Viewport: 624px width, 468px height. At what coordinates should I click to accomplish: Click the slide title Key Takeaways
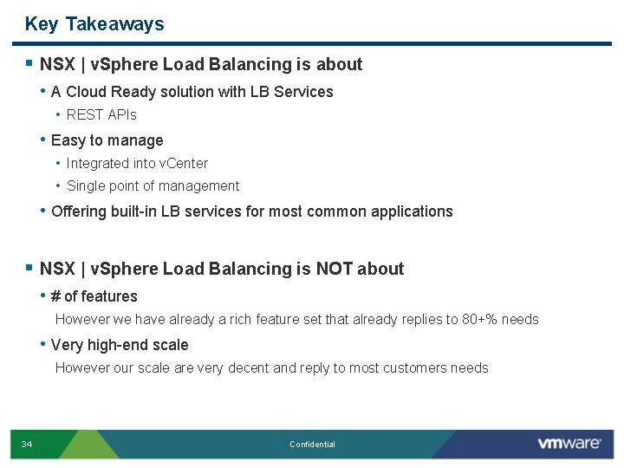(x=94, y=24)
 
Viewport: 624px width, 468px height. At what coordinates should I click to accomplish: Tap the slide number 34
(x=27, y=445)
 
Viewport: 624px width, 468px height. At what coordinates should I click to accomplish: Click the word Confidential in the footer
(x=312, y=445)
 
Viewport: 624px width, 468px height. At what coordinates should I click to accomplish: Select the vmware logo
(x=569, y=444)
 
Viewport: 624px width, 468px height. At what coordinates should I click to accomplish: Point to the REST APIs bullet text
(x=101, y=114)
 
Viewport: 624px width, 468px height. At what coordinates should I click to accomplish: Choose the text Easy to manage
(x=107, y=140)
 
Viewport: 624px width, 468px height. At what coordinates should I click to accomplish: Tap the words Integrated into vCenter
(x=137, y=163)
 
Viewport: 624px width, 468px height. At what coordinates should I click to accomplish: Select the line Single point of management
(x=153, y=185)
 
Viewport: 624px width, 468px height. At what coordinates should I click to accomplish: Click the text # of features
(x=94, y=296)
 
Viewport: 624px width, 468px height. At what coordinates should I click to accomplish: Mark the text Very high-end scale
(x=120, y=345)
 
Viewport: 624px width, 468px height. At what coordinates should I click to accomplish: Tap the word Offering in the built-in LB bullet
(x=79, y=211)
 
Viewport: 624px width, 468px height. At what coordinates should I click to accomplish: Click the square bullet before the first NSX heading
(x=29, y=64)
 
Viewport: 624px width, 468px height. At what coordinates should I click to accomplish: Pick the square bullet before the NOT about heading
(x=29, y=269)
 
